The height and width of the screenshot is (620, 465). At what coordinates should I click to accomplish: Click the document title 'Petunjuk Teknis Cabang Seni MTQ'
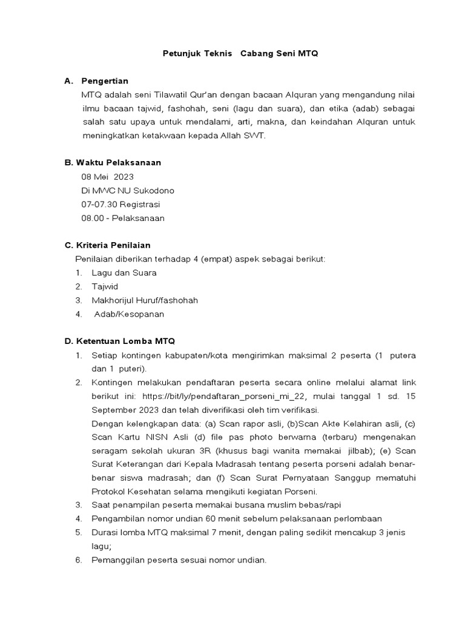(x=240, y=54)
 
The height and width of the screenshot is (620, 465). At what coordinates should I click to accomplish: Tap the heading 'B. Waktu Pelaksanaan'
(x=113, y=163)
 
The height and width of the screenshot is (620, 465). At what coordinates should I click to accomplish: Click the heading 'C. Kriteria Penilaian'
(x=108, y=245)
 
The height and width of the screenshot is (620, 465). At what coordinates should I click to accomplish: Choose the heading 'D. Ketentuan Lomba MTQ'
(x=119, y=341)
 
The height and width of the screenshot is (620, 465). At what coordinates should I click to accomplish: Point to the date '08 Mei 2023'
(x=107, y=177)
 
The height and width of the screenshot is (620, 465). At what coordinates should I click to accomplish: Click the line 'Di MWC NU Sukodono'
(x=127, y=191)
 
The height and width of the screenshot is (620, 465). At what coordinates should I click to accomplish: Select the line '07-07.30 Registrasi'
(x=120, y=204)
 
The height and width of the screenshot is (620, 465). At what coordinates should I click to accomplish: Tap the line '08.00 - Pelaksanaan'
(x=122, y=218)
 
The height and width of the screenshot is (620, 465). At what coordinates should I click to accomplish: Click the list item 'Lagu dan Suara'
(x=124, y=273)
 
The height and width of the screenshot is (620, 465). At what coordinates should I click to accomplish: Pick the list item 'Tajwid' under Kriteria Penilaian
(x=105, y=286)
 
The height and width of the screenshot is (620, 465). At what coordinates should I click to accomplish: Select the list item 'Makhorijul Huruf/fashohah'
(x=144, y=300)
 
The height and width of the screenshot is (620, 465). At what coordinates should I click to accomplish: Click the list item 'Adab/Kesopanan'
(x=129, y=314)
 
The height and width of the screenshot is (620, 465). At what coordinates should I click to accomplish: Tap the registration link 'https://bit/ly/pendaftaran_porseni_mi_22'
(x=225, y=396)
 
